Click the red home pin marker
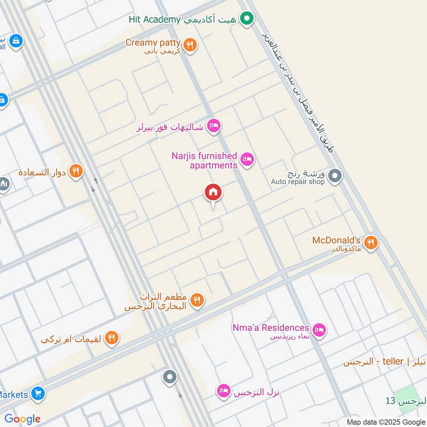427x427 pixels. point(213,193)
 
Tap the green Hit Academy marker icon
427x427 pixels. point(246,20)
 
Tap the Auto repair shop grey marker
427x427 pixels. point(335,176)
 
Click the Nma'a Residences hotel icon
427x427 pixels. point(319,330)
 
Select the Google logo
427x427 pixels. point(22,419)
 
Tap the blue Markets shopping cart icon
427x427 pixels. point(38,394)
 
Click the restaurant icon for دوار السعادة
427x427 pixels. point(76,171)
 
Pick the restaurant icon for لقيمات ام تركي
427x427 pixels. point(112,337)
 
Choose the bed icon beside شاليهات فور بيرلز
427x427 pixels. point(213,126)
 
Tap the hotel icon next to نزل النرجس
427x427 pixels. point(224,391)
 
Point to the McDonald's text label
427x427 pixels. point(337,240)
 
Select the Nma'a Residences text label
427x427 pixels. point(271,328)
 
